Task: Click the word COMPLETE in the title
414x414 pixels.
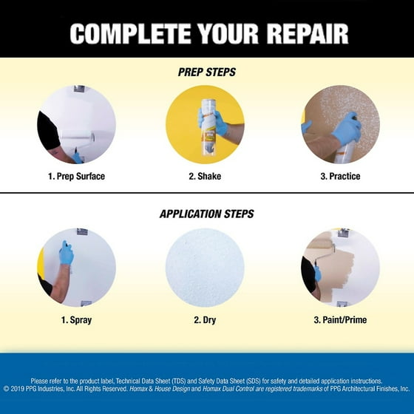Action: [x=130, y=34]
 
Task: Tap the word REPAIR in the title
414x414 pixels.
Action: [x=308, y=34]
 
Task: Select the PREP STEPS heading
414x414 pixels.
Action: [x=207, y=72]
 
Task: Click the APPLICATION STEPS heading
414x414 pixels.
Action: [x=207, y=214]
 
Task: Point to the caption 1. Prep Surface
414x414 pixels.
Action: [x=76, y=176]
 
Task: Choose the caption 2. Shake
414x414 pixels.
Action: [x=205, y=176]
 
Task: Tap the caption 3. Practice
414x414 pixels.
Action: [x=340, y=176]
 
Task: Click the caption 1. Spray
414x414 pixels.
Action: [x=76, y=319]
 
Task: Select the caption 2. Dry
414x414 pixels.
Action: [x=205, y=319]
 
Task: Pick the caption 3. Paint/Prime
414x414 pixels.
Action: [x=340, y=319]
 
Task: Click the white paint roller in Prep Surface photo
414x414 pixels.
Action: [x=78, y=137]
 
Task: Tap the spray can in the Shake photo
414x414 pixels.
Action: [x=208, y=129]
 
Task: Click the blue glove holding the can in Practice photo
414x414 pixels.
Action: [x=347, y=129]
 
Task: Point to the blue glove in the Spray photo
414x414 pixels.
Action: [x=66, y=253]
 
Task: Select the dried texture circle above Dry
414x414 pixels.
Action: [x=205, y=268]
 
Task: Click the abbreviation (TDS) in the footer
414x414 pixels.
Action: [x=179, y=381]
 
